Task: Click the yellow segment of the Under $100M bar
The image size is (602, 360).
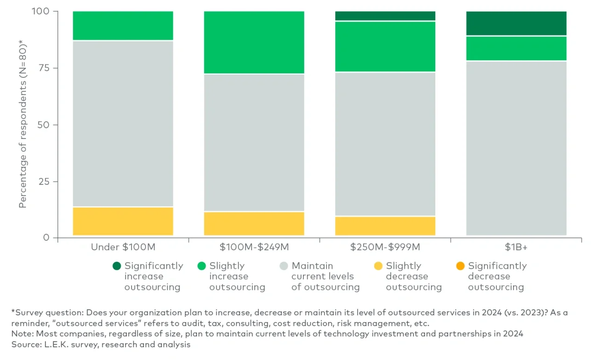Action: click(x=123, y=221)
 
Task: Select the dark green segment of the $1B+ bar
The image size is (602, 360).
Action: click(x=516, y=23)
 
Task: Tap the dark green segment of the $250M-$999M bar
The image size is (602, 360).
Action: click(x=385, y=16)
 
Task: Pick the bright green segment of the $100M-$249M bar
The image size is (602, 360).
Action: click(x=254, y=42)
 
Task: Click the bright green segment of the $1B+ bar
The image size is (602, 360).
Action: click(x=516, y=48)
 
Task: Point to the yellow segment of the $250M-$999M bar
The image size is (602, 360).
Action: click(x=385, y=226)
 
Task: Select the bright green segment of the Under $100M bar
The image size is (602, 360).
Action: click(x=123, y=26)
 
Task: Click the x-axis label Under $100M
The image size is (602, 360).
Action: click(x=123, y=247)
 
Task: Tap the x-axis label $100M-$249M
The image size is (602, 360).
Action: click(x=254, y=247)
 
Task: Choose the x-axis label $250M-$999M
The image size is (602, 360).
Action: click(x=385, y=247)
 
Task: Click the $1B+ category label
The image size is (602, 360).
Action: click(x=516, y=247)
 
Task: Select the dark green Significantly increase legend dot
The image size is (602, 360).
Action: click(x=117, y=266)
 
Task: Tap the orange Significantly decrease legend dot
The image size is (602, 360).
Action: click(x=460, y=266)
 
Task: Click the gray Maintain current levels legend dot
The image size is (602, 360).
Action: click(x=284, y=266)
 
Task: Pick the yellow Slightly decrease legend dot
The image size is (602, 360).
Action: click(x=378, y=266)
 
